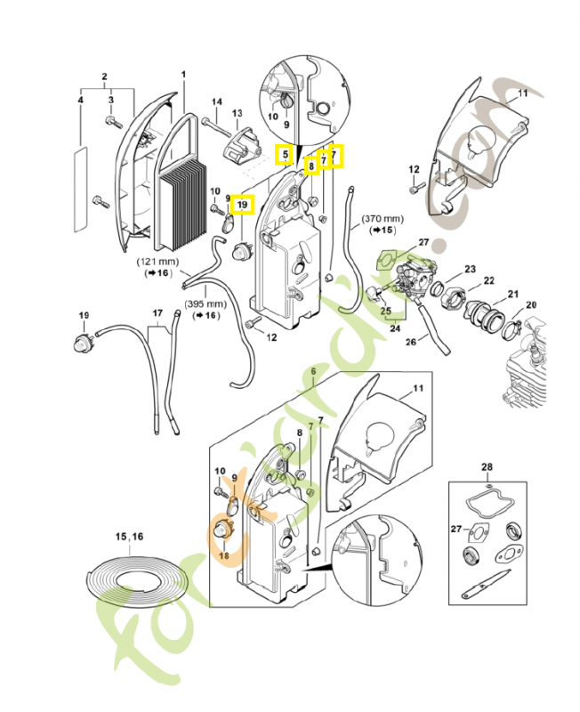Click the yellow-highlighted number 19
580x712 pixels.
tap(242, 205)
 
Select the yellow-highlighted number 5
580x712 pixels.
tap(285, 155)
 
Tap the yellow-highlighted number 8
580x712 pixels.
tap(311, 165)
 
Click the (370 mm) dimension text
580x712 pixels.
tap(383, 218)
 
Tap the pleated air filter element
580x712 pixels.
tap(185, 205)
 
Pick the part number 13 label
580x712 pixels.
tap(237, 113)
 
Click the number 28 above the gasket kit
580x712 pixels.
tap(487, 466)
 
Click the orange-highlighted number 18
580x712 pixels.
tap(223, 555)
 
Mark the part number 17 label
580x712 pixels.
tap(157, 313)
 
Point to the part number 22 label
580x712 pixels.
tap(488, 280)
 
